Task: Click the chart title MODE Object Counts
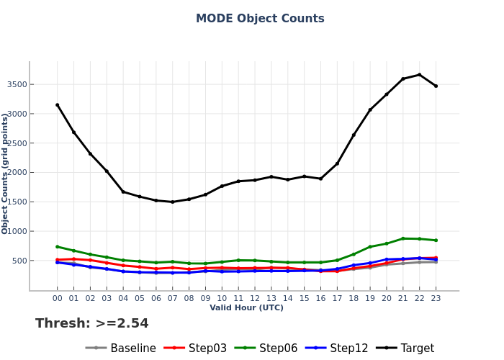[260, 19]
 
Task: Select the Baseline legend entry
[132, 348]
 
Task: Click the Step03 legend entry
[207, 348]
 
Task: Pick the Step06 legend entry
[278, 348]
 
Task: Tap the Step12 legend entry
[348, 348]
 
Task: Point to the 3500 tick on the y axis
[17, 85]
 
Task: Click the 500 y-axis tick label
[19, 261]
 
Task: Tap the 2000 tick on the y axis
[17, 173]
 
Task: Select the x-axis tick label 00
[58, 298]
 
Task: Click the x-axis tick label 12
[255, 298]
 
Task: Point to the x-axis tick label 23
[436, 298]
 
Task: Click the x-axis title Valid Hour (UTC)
[246, 308]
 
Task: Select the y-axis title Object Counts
[6, 173]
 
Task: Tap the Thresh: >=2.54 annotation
[92, 324]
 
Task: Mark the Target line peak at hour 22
[419, 75]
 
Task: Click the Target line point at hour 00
[58, 105]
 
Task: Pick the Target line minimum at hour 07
[173, 202]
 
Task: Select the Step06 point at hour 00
[58, 247]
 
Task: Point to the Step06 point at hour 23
[436, 240]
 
